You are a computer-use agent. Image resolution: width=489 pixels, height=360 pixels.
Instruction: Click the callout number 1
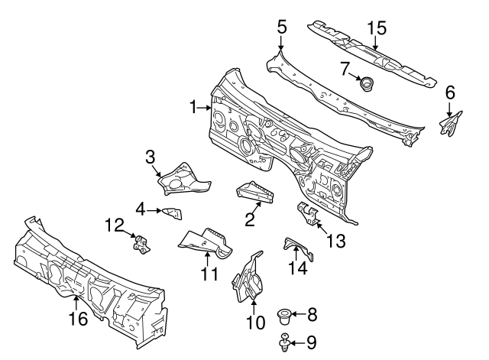tap(193, 108)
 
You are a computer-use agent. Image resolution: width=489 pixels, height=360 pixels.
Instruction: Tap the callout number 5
tap(281, 26)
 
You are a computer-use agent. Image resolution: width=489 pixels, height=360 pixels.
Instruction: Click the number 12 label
tap(114, 224)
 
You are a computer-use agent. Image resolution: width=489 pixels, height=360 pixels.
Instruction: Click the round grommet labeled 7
tap(367, 85)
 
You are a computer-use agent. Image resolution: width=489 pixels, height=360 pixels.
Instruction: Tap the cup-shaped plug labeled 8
tap(283, 314)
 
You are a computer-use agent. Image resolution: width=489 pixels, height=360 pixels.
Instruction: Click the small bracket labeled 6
tap(450, 122)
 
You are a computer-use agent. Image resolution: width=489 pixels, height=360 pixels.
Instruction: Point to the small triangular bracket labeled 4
tap(171, 212)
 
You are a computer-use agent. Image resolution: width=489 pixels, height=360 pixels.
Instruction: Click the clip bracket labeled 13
tap(308, 213)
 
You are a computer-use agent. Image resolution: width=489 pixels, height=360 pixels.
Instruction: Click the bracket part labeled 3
tap(180, 177)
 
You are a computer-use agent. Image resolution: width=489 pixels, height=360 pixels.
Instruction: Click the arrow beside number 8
tap(299, 314)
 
